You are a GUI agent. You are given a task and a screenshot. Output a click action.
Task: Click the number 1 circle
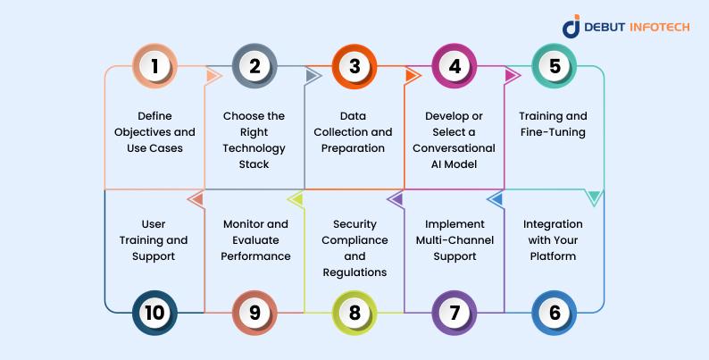(x=154, y=66)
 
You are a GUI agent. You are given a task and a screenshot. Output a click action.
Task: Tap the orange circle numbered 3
(x=354, y=66)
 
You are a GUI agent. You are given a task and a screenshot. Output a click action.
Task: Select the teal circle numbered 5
(x=555, y=66)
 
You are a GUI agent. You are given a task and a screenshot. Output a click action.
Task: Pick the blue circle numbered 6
(x=555, y=313)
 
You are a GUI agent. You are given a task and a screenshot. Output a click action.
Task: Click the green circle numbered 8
(x=354, y=313)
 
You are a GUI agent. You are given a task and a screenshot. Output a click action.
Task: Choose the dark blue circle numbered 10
(x=154, y=313)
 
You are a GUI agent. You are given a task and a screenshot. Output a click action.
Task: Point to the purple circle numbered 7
(x=455, y=313)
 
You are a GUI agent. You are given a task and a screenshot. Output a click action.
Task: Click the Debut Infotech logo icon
(x=571, y=26)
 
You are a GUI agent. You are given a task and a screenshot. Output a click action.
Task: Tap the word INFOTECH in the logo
(x=660, y=27)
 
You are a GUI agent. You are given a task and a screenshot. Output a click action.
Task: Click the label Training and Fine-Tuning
(x=553, y=124)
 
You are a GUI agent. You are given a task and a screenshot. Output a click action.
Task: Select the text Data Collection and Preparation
(x=353, y=132)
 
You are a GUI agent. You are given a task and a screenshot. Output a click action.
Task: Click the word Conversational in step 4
(x=454, y=148)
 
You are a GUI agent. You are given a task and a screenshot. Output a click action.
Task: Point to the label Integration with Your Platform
(x=553, y=240)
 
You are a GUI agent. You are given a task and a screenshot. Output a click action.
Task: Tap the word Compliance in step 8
(x=354, y=240)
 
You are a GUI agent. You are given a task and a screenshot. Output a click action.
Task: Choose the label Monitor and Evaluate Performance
(x=255, y=240)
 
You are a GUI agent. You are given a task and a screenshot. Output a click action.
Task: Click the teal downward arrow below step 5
(x=594, y=198)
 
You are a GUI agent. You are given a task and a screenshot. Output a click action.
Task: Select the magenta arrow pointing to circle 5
(x=513, y=76)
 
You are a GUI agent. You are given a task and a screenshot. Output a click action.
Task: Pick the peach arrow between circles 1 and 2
(x=213, y=76)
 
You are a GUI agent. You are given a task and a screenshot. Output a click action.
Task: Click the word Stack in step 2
(x=254, y=164)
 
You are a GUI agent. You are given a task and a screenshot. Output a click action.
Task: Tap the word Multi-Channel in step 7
(x=455, y=240)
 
